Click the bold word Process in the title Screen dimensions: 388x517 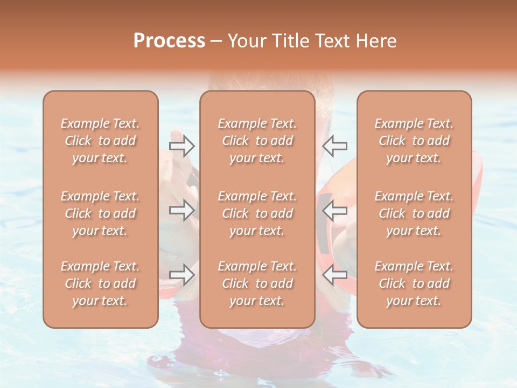169,41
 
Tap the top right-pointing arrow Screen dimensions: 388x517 182,145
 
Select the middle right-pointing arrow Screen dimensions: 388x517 182,210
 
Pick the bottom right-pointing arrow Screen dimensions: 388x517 182,275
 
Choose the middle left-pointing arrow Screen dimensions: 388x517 334,210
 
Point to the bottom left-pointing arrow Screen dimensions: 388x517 334,275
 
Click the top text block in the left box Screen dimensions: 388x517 100,141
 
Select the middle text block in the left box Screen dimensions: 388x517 100,213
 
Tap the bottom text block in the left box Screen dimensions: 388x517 100,283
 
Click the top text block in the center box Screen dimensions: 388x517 257,141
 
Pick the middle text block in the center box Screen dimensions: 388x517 257,213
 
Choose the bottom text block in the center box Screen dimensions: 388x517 257,283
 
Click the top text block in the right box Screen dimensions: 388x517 414,141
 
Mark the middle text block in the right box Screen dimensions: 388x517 414,213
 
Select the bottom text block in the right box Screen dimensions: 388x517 414,283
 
